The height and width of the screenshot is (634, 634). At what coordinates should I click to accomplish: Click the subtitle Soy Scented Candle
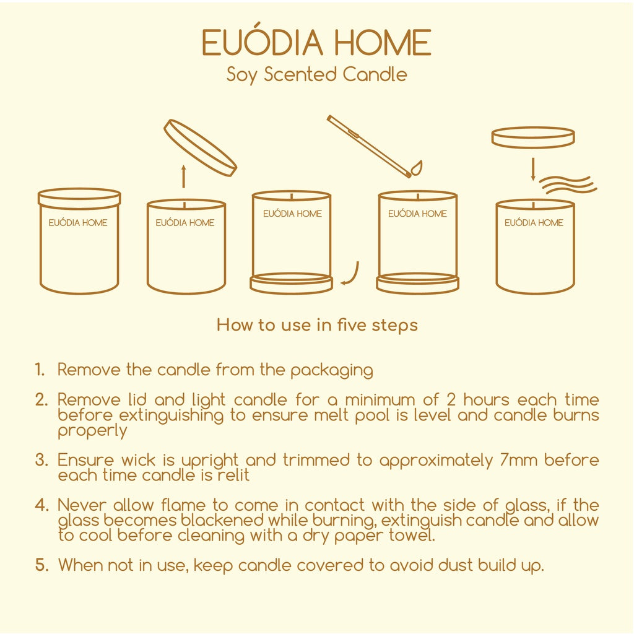[316, 75]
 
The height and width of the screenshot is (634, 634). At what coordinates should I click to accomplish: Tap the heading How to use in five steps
[317, 325]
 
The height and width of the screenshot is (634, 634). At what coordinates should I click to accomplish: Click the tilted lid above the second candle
[200, 147]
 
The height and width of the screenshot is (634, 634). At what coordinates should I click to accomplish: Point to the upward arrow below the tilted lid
[183, 176]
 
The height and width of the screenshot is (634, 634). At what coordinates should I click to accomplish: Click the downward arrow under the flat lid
[533, 169]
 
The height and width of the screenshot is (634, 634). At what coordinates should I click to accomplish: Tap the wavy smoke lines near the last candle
[568, 185]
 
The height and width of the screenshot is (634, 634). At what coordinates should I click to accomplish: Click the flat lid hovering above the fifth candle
[533, 137]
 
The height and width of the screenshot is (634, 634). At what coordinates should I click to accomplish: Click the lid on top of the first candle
[79, 198]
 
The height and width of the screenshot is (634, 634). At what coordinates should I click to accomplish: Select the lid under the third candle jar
[292, 283]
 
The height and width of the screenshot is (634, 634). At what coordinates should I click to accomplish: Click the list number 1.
[40, 370]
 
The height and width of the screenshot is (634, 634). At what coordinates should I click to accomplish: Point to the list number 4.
[41, 505]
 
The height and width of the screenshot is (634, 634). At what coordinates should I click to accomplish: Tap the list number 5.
[41, 565]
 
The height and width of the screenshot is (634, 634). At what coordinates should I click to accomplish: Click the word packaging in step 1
[332, 370]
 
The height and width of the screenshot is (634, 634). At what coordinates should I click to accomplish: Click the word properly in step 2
[92, 431]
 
